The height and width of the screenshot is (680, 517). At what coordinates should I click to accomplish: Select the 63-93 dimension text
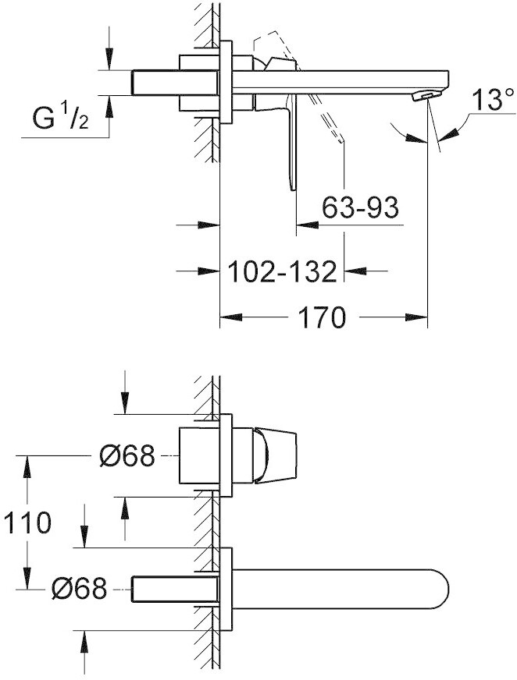360,208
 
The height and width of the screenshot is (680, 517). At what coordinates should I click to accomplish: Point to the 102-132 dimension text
282,272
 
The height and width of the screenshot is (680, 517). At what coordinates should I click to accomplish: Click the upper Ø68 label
127,455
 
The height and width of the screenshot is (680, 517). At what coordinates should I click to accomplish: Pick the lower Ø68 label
79,589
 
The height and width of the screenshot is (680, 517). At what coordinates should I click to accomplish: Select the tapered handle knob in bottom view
276,455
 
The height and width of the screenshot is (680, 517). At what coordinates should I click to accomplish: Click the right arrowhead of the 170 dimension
416,317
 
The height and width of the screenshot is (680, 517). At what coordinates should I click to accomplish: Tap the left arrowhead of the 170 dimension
230,317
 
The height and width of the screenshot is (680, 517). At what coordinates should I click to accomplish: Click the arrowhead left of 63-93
307,225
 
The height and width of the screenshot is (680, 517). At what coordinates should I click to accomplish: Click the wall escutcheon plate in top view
226,83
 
